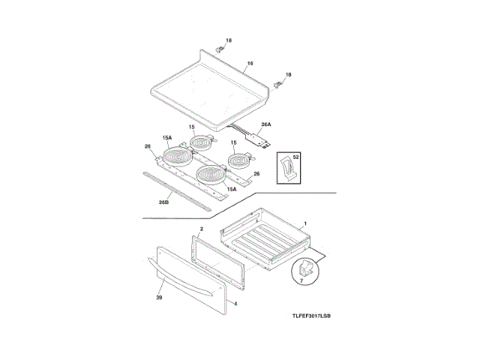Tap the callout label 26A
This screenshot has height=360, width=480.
(265, 125)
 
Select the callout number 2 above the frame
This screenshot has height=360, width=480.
(202, 227)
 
